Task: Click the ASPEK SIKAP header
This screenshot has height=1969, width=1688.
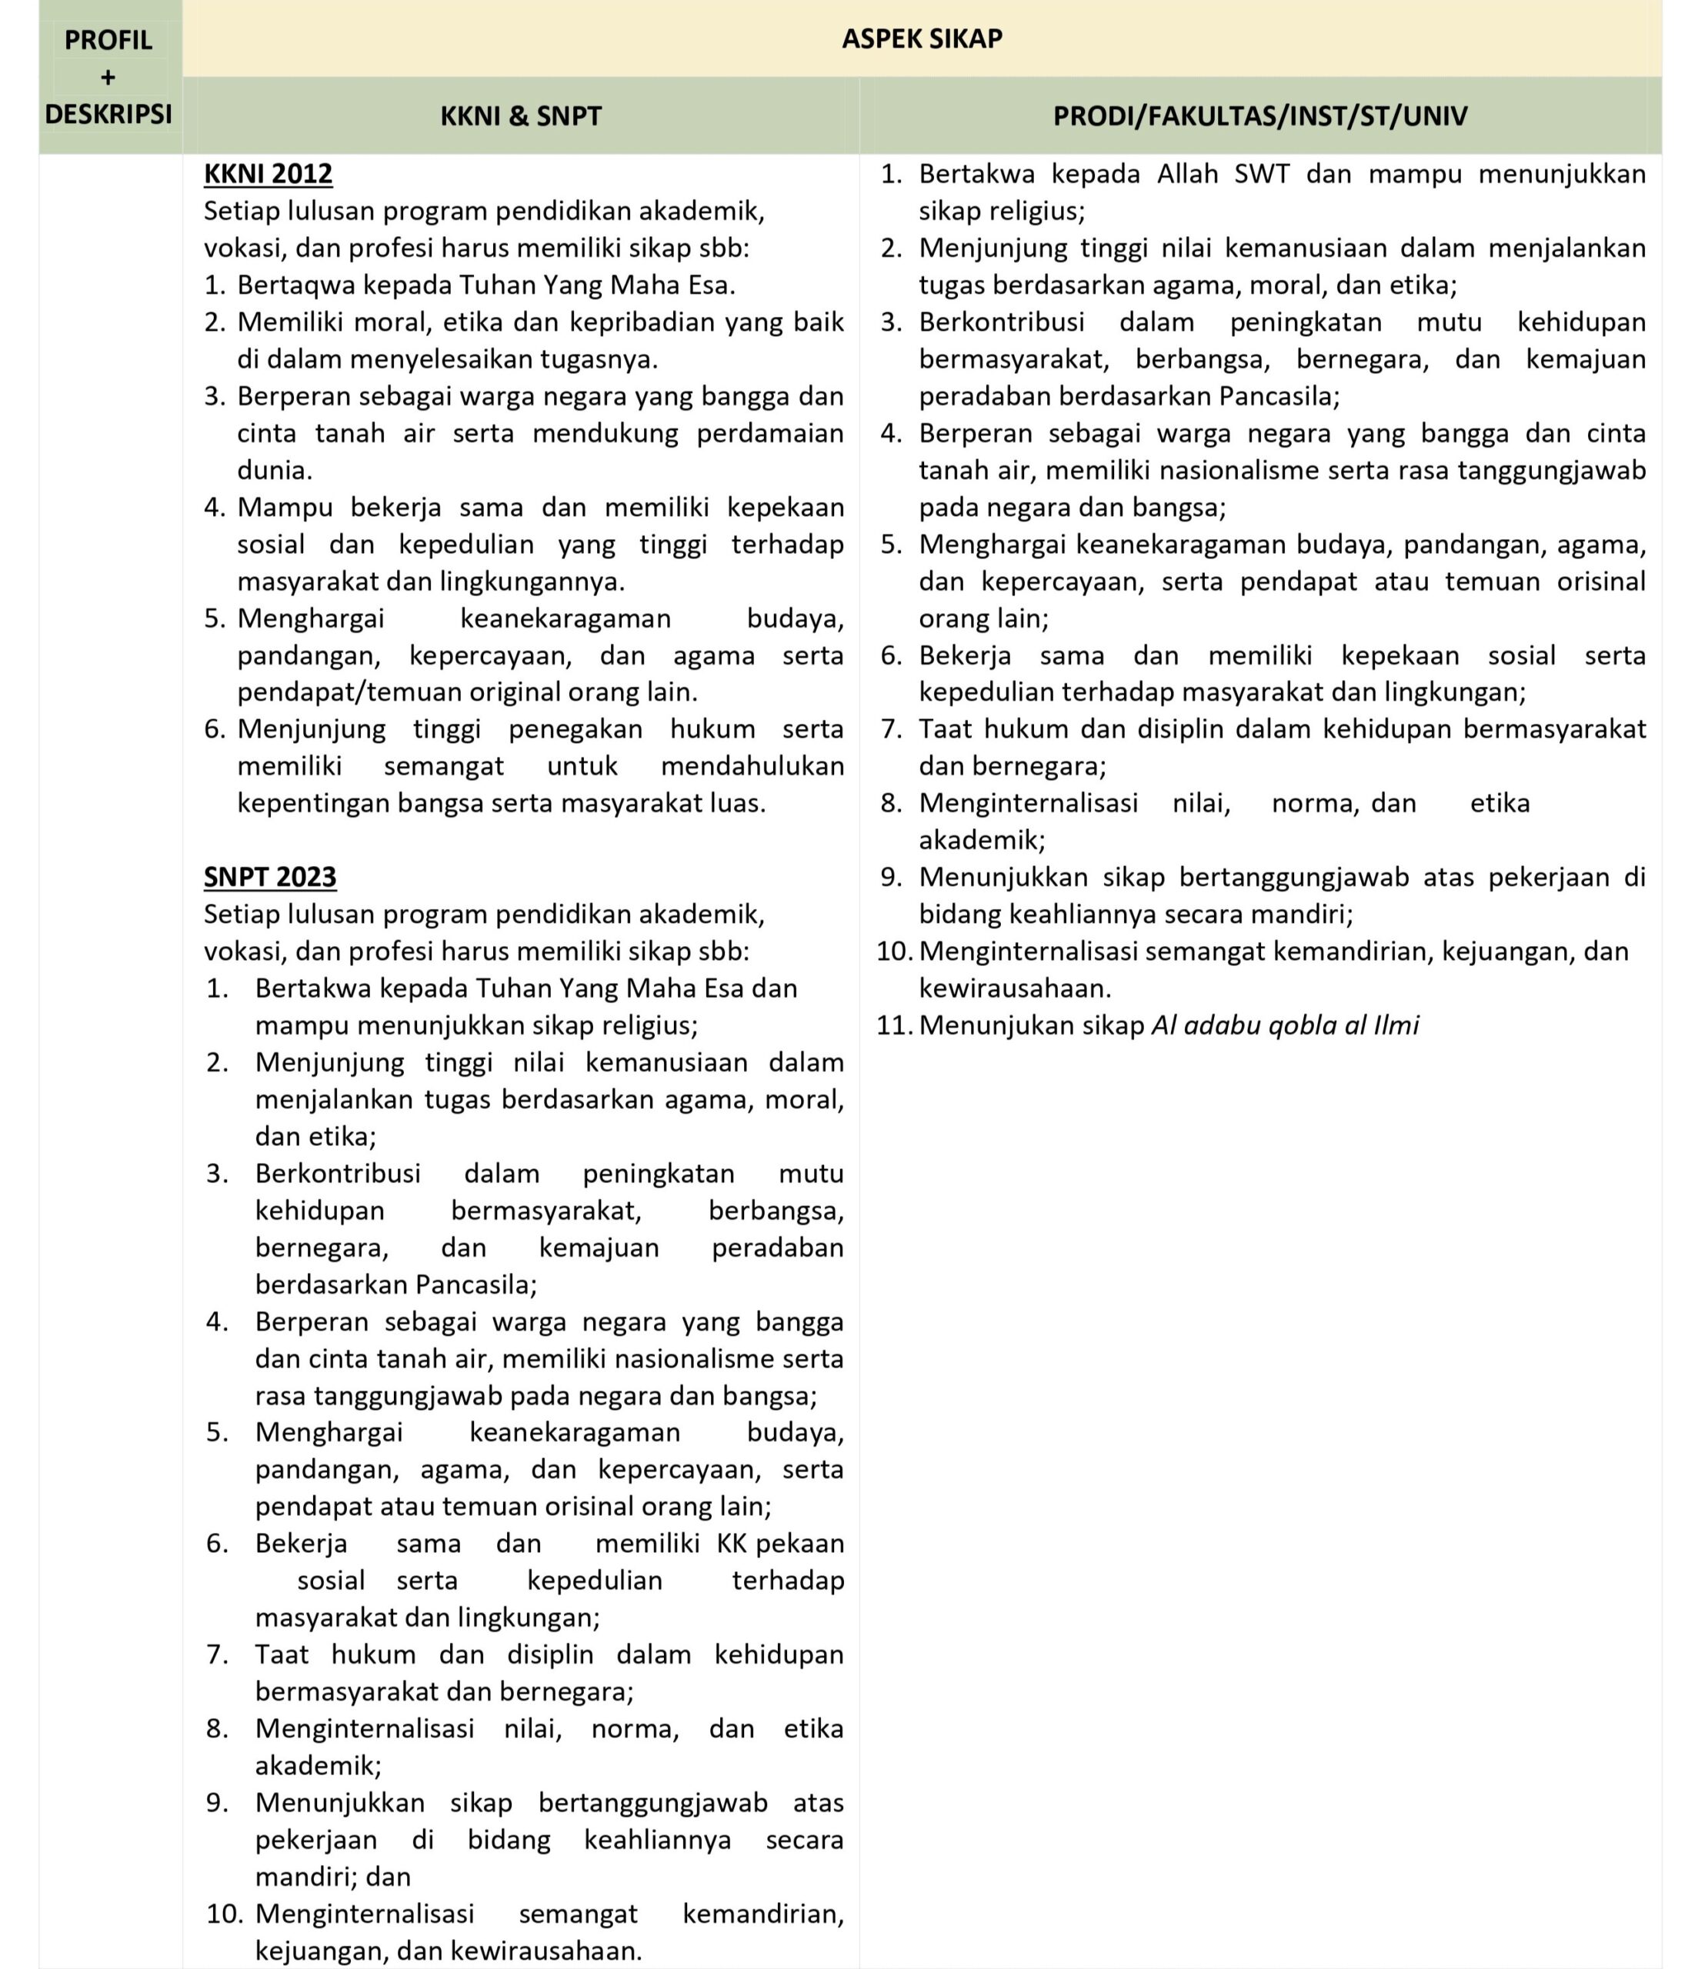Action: pos(921,38)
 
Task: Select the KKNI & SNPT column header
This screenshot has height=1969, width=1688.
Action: pos(521,116)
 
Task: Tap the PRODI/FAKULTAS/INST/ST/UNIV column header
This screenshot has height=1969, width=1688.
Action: pos(1259,116)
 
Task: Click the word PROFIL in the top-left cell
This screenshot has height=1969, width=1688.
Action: pos(108,40)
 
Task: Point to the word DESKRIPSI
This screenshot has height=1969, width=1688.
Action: pos(108,114)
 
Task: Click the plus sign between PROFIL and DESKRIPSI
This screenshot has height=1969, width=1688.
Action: pos(108,77)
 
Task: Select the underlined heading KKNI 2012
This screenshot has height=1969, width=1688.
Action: pos(268,174)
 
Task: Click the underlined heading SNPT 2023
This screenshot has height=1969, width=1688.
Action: pos(270,876)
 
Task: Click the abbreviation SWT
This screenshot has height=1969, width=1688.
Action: pos(1263,174)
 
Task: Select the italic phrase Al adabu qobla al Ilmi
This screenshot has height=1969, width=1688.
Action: pos(1285,1025)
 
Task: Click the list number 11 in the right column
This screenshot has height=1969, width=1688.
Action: pos(893,1025)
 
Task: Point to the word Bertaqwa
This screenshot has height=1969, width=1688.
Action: pos(295,285)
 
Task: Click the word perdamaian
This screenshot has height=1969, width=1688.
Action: pos(770,433)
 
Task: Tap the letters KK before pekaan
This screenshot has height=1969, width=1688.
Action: pos(732,1543)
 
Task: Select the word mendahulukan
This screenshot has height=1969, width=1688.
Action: pos(752,766)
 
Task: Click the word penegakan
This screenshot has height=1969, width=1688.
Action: pos(575,729)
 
